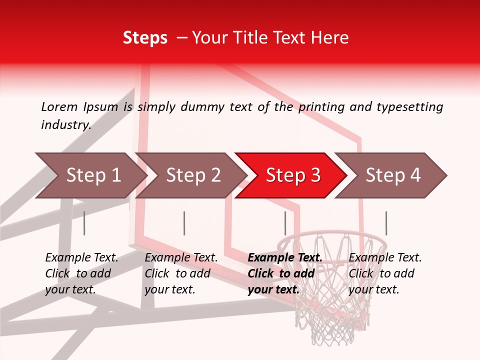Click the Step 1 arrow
(93, 175)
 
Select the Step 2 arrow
(193, 175)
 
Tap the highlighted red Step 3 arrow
(293, 175)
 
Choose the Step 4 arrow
(393, 175)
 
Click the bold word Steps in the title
(145, 38)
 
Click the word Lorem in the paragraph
(59, 106)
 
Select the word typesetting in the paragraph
(409, 106)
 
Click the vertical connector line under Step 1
(84, 223)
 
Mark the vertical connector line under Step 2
(184, 223)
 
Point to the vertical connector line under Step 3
(285, 223)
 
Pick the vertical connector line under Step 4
(386, 223)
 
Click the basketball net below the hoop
(332, 315)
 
